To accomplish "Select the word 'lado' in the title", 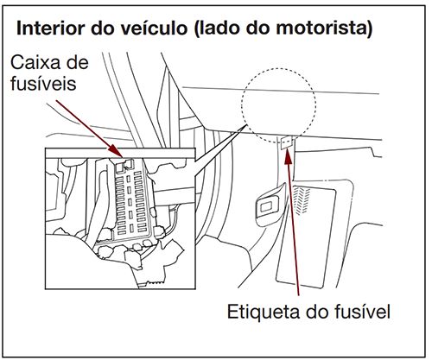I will click(x=224, y=28).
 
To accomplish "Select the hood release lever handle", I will click(x=269, y=203).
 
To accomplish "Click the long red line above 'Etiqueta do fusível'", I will click(x=295, y=224).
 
